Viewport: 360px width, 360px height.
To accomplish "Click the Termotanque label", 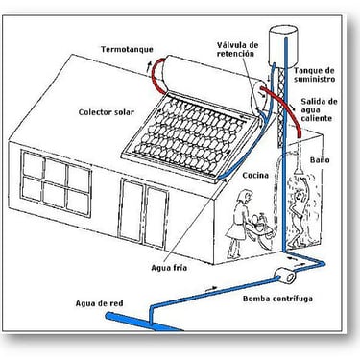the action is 127,50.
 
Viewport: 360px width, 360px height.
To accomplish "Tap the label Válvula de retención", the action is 237,49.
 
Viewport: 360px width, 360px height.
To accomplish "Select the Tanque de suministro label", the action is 314,75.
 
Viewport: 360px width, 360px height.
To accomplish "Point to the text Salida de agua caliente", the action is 319,109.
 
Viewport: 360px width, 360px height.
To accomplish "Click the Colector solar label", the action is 107,112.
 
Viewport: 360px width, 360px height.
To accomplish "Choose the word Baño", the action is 320,160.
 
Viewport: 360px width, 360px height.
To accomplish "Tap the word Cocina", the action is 255,176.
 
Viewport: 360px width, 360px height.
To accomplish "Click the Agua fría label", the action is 169,268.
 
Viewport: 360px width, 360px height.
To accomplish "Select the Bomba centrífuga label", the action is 277,299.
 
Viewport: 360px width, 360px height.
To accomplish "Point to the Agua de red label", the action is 99,303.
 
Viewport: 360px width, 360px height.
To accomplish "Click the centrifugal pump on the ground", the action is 285,276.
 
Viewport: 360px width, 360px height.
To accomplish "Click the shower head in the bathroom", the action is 300,169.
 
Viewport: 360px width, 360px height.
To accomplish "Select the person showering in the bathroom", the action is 299,215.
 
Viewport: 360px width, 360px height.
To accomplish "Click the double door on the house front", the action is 144,213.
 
